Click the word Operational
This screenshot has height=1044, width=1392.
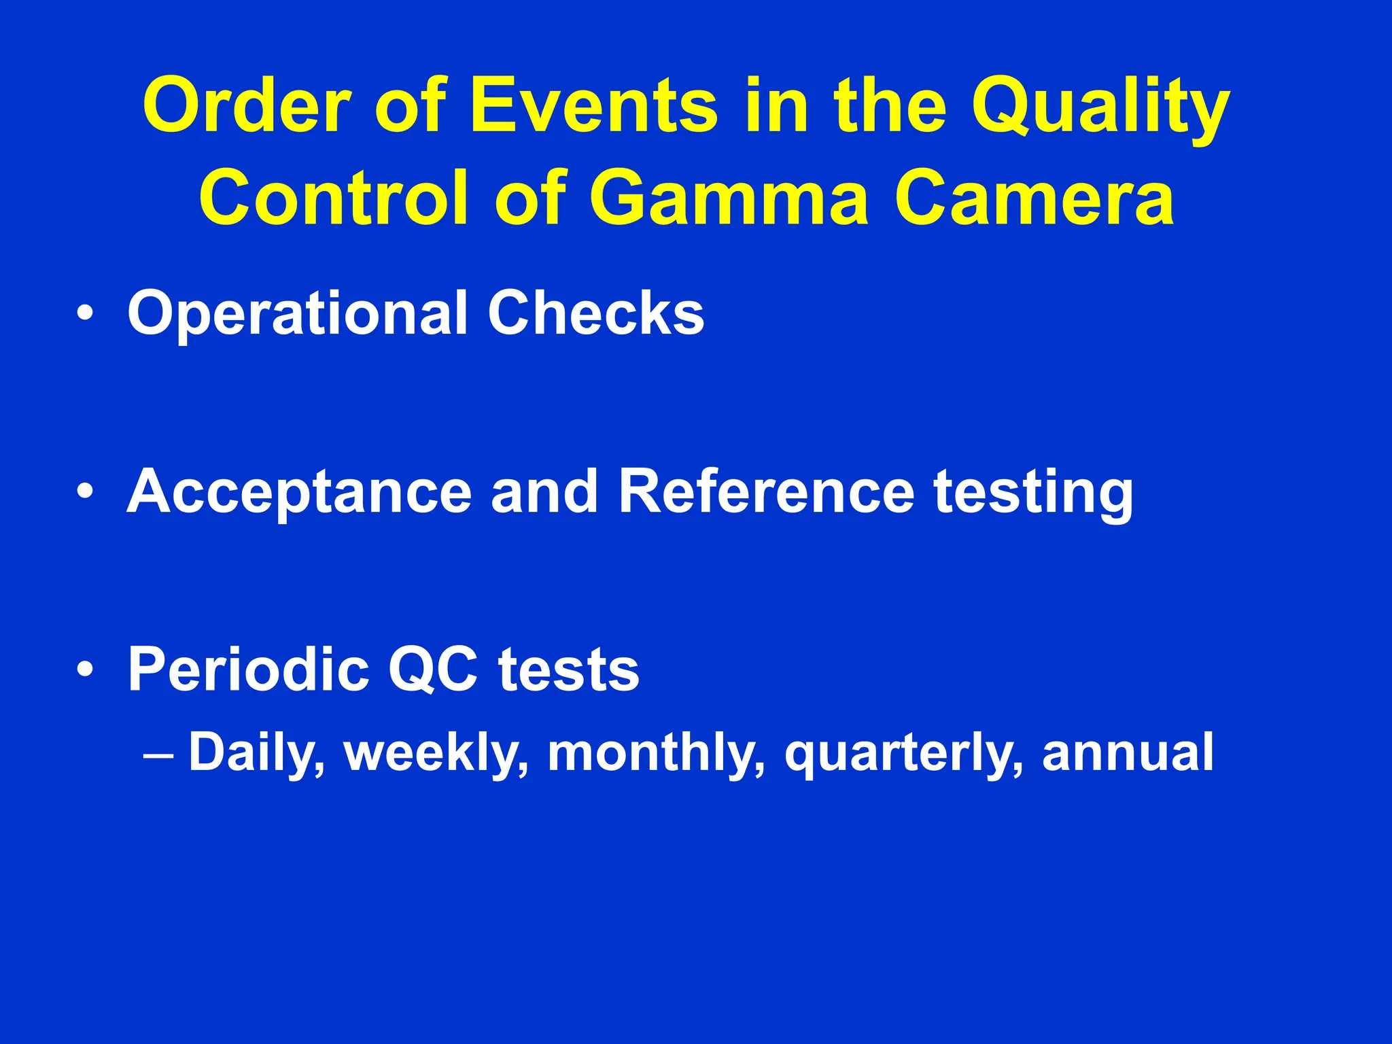click(x=298, y=314)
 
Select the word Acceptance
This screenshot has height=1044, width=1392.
click(x=299, y=493)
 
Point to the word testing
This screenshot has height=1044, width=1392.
click(x=1033, y=494)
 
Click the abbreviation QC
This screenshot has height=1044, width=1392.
click(x=433, y=669)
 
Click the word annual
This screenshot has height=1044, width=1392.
click(x=1127, y=752)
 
